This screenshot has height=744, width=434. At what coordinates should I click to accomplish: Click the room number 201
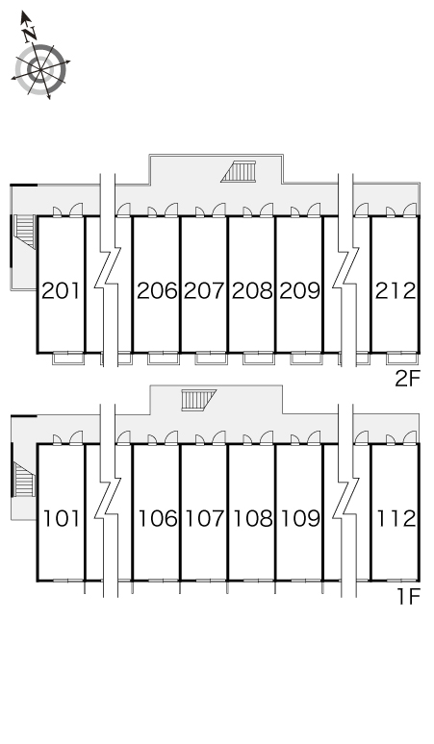coord(62,291)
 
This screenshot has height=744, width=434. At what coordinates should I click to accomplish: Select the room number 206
coord(157,291)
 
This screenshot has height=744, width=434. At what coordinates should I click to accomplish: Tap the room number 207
coord(204,291)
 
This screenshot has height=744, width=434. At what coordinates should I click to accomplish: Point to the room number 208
coord(252,291)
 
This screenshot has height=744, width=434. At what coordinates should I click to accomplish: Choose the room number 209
coord(299,291)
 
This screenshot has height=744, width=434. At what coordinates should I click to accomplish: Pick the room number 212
coord(396,291)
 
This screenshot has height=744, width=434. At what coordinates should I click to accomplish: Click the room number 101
coord(63,519)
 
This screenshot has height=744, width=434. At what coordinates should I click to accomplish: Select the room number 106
coord(158,519)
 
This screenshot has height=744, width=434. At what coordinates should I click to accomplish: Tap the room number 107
coord(205,519)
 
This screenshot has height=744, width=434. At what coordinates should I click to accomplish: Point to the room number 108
coord(253,519)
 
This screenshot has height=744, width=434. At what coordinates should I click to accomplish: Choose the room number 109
coord(300,519)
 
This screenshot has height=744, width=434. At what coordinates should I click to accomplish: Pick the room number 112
coord(396,519)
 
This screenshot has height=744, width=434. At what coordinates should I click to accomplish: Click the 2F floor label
coord(408,379)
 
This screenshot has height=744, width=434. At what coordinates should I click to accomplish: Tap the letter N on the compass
coord(30,34)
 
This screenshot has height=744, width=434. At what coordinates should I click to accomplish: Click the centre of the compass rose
coord(40,69)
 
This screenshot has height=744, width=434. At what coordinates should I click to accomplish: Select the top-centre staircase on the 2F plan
coord(239,171)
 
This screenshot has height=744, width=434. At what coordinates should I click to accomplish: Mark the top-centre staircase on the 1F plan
coord(198,400)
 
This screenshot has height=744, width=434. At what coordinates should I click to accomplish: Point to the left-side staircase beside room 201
coord(25,231)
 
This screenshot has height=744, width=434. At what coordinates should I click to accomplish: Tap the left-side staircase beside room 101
coord(24,480)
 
